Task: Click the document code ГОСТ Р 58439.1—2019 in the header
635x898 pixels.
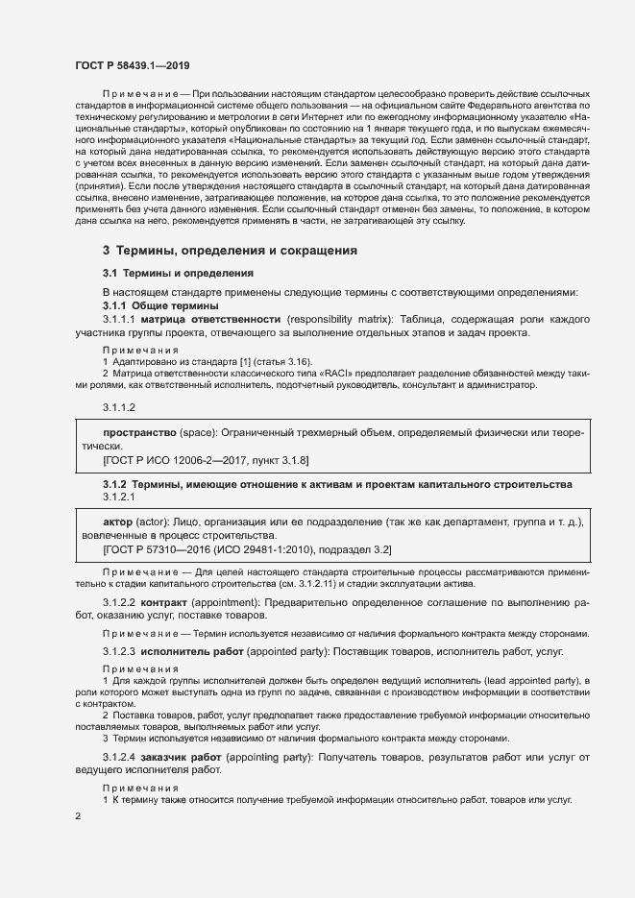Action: [x=132, y=65]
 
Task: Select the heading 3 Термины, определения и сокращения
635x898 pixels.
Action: [x=230, y=251]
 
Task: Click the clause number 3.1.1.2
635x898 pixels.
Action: [x=120, y=408]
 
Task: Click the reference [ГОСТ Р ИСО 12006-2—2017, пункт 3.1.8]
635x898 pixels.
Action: [x=205, y=461]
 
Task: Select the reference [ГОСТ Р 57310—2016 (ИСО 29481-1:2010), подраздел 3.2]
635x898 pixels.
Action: [x=246, y=548]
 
